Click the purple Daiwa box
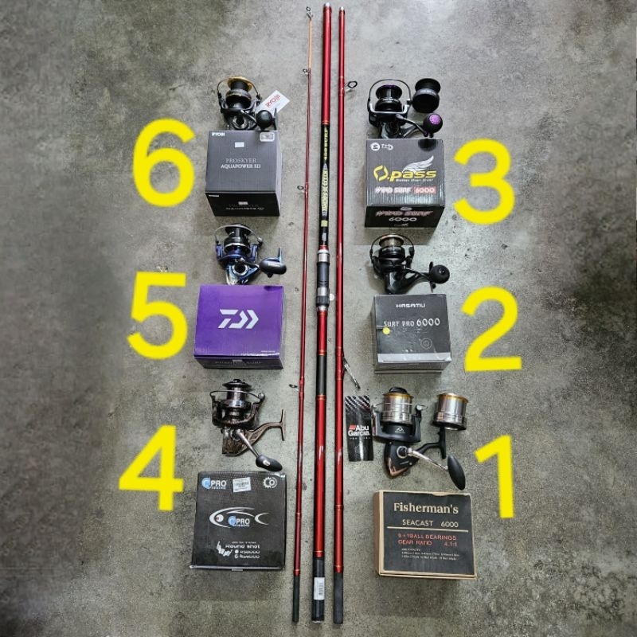pos(239,326)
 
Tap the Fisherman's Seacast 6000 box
pos(424,533)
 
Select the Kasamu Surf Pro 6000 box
pos(411,331)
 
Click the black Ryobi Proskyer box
pos(243,172)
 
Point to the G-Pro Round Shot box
pos(239,519)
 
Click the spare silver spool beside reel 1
pos(451,411)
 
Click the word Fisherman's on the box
pos(423,506)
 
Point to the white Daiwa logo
pos(238,318)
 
